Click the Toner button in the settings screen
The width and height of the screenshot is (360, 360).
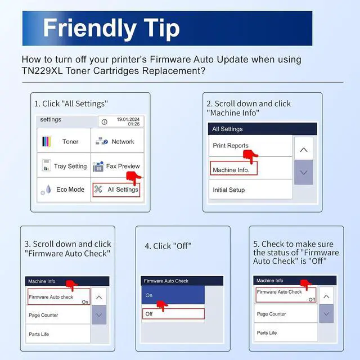[64, 141]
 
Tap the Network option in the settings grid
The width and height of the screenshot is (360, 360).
[117, 141]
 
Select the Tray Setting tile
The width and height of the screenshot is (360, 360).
[64, 165]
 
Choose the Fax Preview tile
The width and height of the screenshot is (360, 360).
[117, 165]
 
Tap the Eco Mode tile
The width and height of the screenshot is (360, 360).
[64, 190]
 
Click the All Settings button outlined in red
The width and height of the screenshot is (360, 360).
[116, 190]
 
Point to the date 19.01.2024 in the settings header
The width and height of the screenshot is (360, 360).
[128, 119]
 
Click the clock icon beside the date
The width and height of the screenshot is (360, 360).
[105, 122]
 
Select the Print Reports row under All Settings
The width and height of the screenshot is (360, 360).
[250, 146]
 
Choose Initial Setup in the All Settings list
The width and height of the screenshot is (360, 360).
[250, 190]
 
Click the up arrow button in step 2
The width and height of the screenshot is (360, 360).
[304, 148]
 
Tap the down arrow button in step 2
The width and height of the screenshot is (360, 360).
[304, 172]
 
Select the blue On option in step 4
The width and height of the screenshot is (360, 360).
[173, 295]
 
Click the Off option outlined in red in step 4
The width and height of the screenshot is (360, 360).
[173, 314]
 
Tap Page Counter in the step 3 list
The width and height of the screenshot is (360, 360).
[58, 315]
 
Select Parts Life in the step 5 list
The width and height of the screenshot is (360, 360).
[286, 332]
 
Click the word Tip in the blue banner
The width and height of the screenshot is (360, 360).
[161, 28]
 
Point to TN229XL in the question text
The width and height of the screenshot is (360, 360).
[42, 71]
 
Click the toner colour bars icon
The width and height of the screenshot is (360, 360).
[47, 141]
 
